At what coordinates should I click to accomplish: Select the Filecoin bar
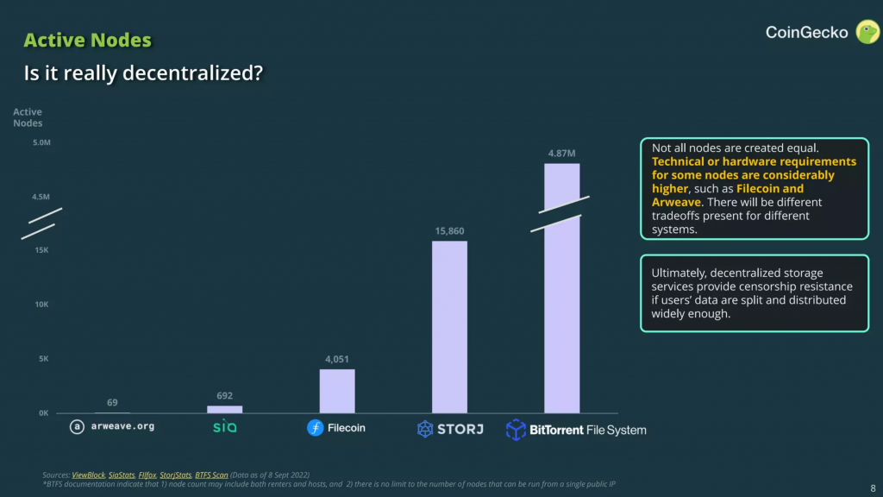point(337,391)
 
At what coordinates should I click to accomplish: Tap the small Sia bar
point(225,409)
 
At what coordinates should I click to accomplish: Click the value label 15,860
point(449,231)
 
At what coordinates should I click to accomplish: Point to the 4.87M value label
point(561,154)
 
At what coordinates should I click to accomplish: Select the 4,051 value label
point(337,359)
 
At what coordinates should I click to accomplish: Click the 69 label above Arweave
point(113,403)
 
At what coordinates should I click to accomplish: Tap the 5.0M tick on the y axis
point(41,142)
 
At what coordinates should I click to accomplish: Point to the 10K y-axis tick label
point(42,305)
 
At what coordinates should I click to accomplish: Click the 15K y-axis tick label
point(42,250)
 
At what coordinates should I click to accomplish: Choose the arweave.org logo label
point(113,426)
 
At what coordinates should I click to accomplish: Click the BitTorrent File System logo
point(575,429)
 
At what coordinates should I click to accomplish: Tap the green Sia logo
point(224,426)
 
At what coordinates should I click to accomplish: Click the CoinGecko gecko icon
point(866,34)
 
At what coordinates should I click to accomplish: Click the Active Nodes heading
point(87,41)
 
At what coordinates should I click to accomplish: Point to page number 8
point(873,487)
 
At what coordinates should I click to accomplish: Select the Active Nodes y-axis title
point(28,117)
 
